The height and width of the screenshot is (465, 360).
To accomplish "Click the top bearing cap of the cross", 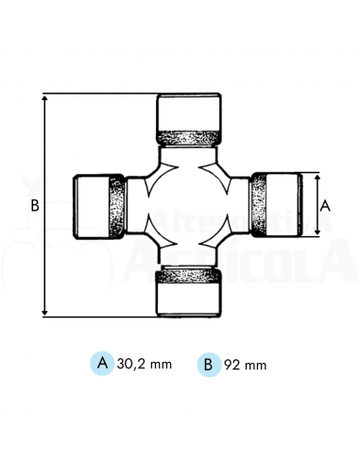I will pos(189,109).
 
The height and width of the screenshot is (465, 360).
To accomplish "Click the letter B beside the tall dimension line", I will pos(33,204).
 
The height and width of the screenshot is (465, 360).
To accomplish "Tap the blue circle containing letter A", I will pos(102,363).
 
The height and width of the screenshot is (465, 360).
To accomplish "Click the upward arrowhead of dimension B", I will pos(44,96).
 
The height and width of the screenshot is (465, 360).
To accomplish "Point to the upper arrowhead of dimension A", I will pos(316,177).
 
